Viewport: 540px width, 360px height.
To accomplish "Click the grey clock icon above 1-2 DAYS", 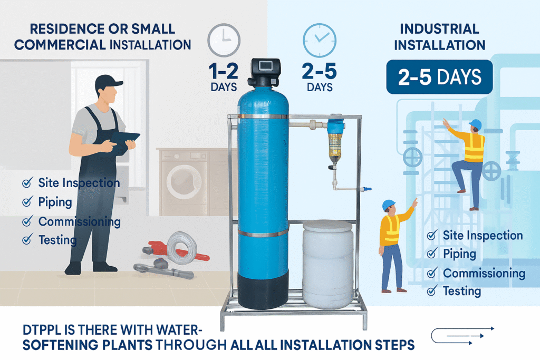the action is click(224, 40).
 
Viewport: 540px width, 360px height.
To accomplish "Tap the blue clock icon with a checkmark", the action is click(320, 40).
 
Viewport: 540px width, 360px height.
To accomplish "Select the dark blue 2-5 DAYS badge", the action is click(439, 77).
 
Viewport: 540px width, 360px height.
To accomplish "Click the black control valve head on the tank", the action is click(264, 72).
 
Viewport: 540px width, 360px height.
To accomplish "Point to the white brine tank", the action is click(327, 264).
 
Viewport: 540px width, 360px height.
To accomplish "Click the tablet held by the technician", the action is click(124, 142).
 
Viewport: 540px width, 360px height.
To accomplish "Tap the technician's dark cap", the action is click(108, 82).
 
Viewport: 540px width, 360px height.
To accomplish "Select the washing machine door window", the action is click(184, 182).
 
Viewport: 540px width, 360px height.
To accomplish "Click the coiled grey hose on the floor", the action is click(181, 248).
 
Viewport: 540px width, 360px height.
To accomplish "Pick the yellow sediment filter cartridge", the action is click(334, 148).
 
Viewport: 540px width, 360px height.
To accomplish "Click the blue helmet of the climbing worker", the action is click(476, 124).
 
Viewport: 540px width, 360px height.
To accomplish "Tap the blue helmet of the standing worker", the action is click(389, 205).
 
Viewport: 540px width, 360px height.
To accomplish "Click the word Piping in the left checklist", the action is click(55, 202).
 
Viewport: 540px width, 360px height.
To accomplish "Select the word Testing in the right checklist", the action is click(462, 291).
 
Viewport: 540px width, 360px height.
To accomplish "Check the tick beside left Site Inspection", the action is click(27, 182).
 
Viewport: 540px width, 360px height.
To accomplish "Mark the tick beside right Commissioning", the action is click(432, 273).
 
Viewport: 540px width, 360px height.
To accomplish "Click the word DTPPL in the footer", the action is click(43, 330).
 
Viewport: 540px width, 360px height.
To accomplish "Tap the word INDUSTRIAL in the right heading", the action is click(439, 29).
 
